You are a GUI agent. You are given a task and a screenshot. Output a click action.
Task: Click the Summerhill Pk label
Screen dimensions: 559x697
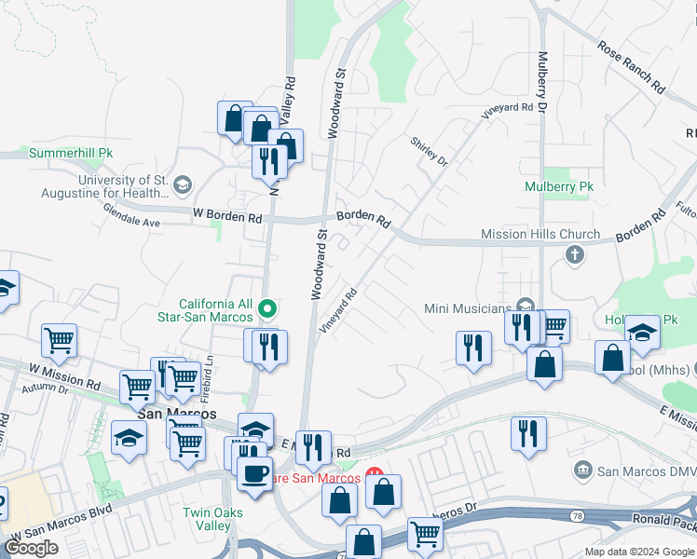point(71,153)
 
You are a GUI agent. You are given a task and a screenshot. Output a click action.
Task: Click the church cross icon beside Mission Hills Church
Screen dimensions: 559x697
point(575,253)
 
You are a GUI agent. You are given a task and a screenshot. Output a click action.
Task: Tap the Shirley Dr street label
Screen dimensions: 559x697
point(430,150)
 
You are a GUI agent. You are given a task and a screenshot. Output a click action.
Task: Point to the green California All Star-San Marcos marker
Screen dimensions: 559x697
point(267,307)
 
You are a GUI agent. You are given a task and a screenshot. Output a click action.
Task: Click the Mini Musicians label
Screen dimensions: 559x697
point(468,307)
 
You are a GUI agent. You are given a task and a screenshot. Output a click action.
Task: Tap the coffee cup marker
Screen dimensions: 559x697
point(254,472)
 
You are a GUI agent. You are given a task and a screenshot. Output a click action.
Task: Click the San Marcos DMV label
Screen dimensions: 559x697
point(646,470)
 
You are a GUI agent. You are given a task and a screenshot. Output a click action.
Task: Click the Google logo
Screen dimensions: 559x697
point(32,548)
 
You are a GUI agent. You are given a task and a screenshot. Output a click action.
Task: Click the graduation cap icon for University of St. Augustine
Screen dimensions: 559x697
point(182,184)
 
